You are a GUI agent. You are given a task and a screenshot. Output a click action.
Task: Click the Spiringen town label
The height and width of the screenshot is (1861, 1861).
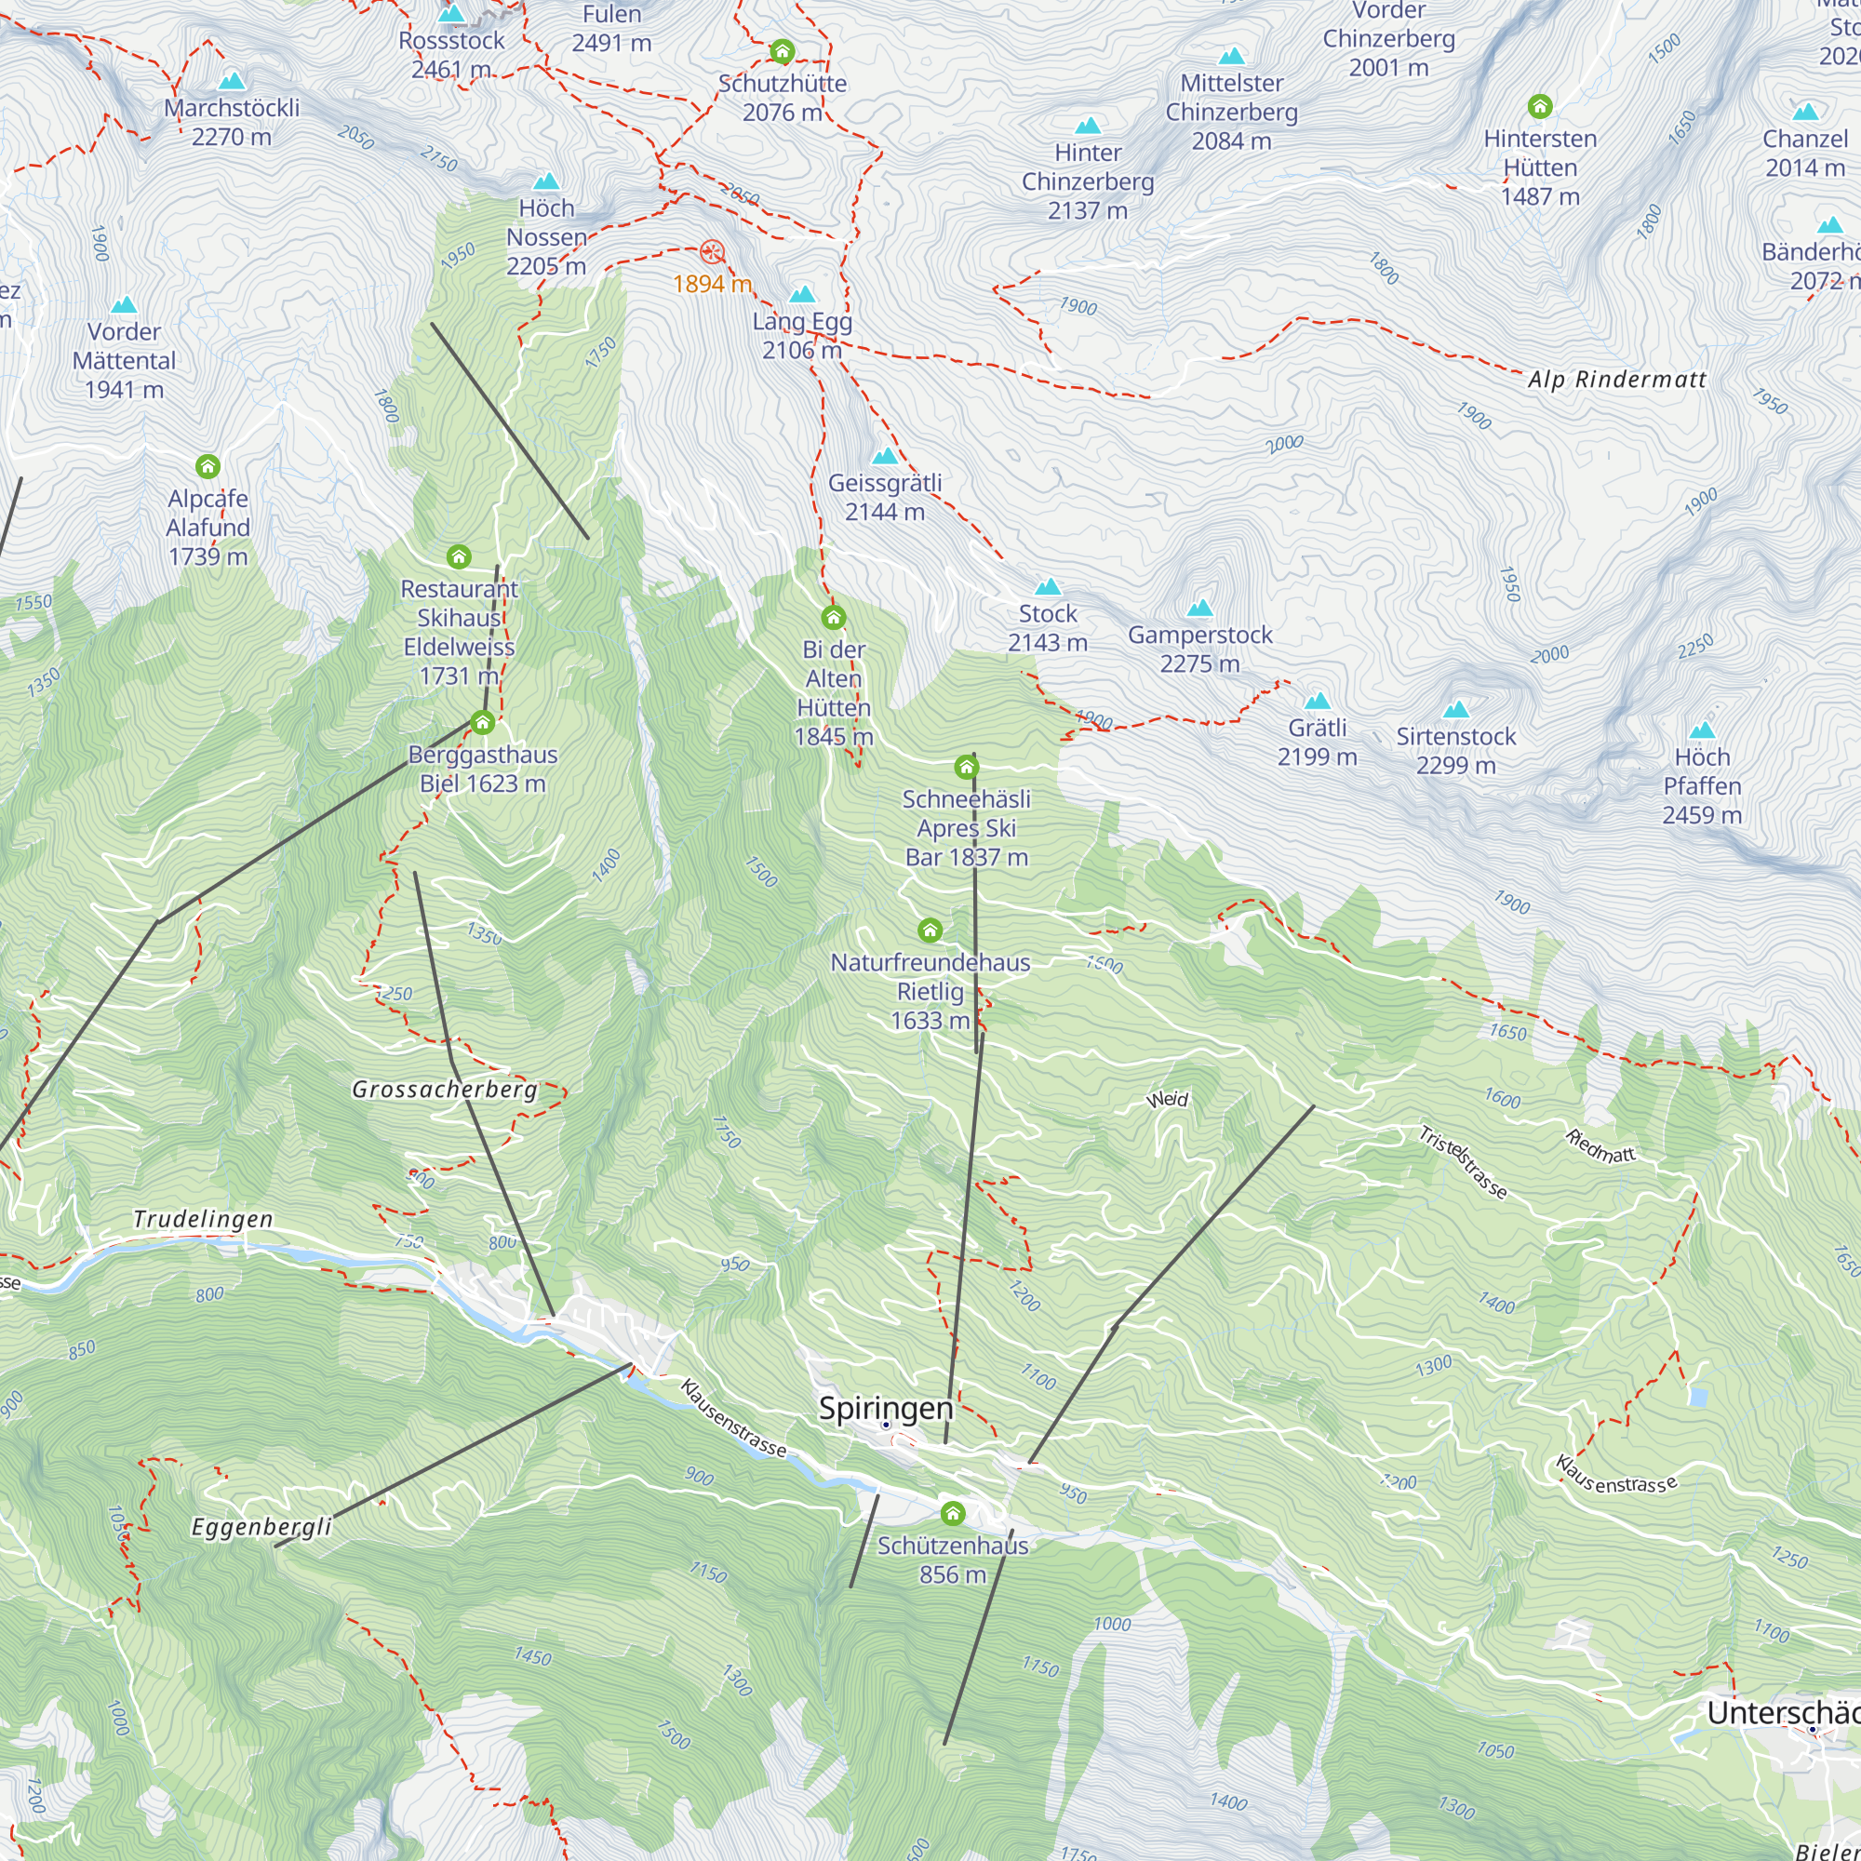[x=885, y=1408]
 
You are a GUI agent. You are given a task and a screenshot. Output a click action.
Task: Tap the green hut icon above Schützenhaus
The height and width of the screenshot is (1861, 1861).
[x=953, y=1513]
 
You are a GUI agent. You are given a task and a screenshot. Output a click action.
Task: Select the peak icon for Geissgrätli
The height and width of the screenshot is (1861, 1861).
[x=884, y=456]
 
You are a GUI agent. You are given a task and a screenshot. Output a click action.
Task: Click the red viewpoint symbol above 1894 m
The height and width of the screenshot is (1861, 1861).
[x=712, y=252]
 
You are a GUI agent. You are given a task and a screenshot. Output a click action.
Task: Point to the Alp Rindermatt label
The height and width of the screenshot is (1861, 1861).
[x=1616, y=380]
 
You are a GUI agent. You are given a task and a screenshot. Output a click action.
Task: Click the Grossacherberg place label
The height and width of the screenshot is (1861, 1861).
[x=444, y=1090]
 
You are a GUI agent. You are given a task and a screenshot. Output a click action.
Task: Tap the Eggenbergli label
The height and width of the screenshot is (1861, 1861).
[x=261, y=1527]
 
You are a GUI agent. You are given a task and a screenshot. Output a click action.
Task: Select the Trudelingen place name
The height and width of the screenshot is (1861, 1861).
[x=203, y=1219]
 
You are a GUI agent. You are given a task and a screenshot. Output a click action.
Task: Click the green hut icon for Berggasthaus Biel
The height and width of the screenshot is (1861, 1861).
[x=483, y=721]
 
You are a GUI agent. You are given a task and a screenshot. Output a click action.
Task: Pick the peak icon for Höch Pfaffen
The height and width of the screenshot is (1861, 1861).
[x=1702, y=730]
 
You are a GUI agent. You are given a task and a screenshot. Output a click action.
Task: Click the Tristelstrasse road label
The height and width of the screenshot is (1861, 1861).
[x=1461, y=1162]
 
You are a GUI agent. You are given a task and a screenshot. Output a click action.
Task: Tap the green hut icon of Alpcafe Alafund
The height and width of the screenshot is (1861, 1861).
[x=208, y=467]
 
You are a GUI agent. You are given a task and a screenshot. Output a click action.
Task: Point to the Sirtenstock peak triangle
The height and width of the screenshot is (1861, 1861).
[x=1455, y=710]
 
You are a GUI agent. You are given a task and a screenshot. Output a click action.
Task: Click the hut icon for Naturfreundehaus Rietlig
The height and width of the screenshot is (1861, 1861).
[x=930, y=930]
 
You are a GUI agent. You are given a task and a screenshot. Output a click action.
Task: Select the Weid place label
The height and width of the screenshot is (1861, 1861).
[x=1168, y=1099]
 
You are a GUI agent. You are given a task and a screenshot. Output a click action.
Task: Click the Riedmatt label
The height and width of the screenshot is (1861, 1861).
[x=1600, y=1146]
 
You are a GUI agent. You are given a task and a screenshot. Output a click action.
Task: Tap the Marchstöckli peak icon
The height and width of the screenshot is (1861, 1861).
[x=231, y=81]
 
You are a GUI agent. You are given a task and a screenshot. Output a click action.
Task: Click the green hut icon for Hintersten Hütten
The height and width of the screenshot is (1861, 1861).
[x=1540, y=106]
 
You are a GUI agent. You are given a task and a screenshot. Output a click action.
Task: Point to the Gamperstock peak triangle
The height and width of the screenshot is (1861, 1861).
[x=1199, y=608]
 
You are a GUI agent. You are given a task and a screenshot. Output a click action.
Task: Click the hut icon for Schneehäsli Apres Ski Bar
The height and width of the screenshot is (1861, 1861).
[x=966, y=767]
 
